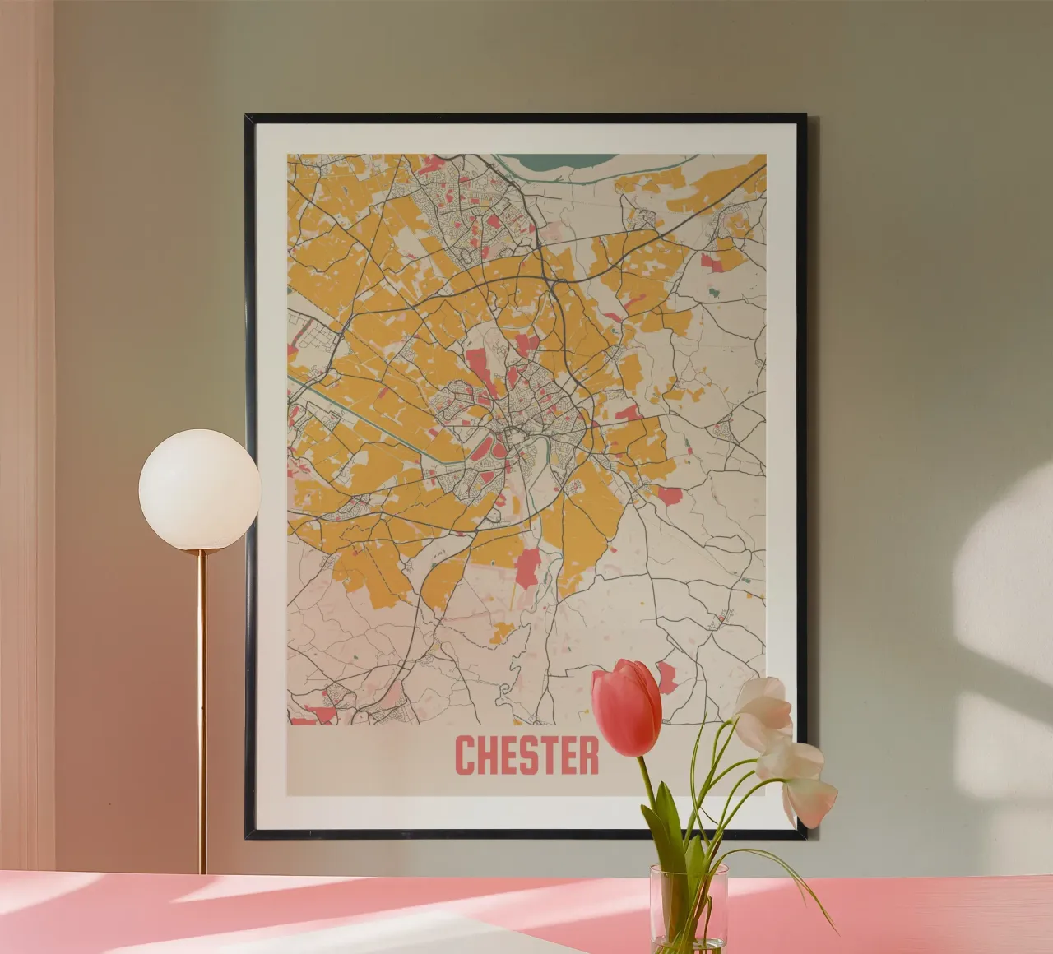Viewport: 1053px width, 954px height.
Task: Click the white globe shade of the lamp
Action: click(199, 489)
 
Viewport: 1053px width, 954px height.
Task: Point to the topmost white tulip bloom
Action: click(765, 704)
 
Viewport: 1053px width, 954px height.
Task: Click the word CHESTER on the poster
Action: click(526, 755)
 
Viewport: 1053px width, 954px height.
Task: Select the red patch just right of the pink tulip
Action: click(667, 676)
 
